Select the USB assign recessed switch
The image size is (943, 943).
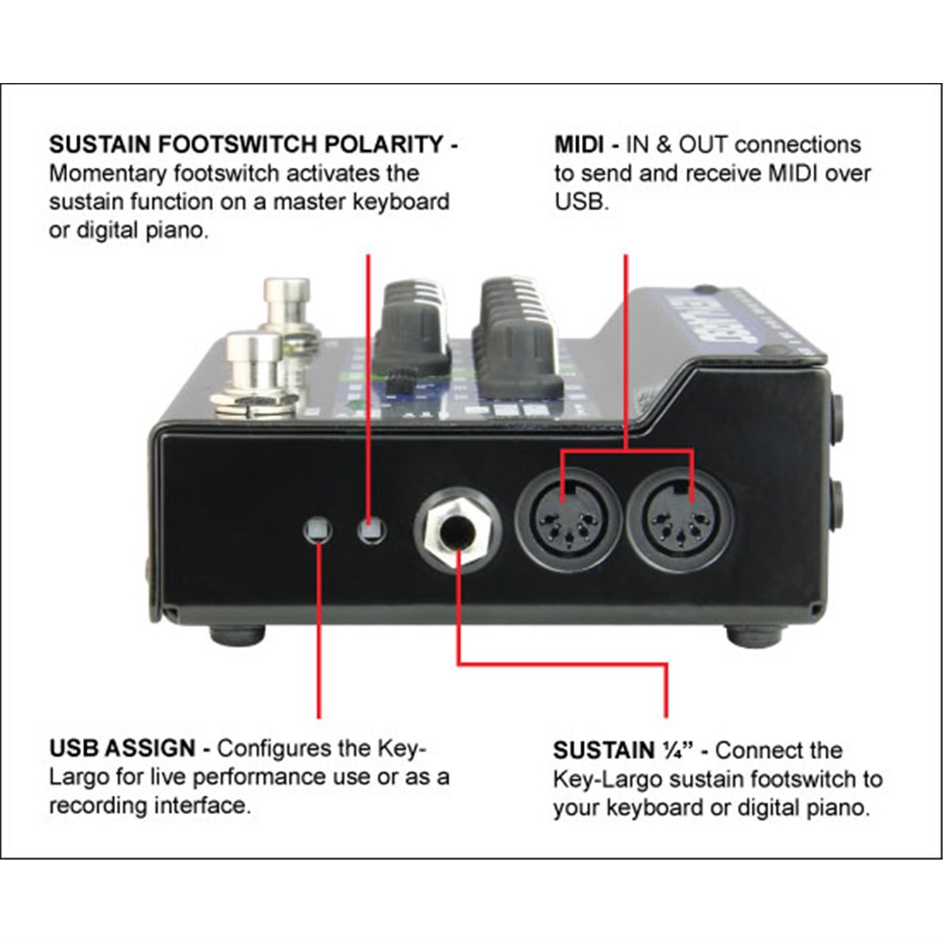318,530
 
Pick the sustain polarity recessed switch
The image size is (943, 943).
372,530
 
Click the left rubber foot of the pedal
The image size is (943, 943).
236,633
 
